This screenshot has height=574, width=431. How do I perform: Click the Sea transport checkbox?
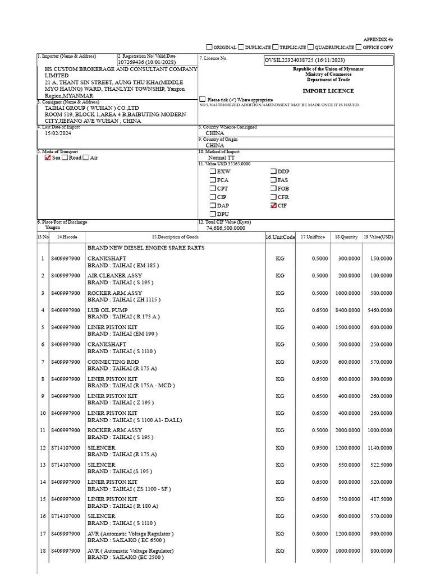coord(48,158)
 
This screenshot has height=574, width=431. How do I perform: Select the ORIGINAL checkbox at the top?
coord(209,48)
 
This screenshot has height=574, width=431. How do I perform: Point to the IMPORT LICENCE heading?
coord(328,91)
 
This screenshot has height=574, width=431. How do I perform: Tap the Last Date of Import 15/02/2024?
coord(58,133)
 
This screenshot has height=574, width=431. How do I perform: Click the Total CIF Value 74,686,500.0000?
coord(226,228)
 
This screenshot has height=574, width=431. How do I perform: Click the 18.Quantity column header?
coord(346,237)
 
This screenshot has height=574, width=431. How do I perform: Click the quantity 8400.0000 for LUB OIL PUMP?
coord(347,310)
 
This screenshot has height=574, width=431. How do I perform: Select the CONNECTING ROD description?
coord(113,362)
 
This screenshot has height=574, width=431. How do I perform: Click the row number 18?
coord(42,551)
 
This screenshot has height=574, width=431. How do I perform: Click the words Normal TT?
coord(221,158)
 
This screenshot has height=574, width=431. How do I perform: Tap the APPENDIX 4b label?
coord(378,39)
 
